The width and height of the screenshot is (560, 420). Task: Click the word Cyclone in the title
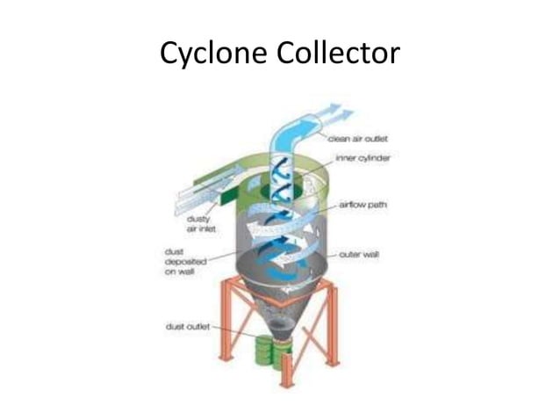(213, 54)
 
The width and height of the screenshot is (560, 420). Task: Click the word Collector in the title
(338, 53)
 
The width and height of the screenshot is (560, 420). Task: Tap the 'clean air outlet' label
(357, 139)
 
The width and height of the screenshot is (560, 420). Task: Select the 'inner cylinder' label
(363, 158)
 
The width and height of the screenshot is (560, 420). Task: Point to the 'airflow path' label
(363, 205)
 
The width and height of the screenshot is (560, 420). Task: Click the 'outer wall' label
(359, 255)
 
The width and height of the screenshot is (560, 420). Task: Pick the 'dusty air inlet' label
(201, 224)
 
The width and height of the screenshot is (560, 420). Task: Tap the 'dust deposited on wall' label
(185, 262)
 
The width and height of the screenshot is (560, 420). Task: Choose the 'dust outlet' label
(188, 327)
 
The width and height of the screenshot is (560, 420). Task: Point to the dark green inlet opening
(228, 197)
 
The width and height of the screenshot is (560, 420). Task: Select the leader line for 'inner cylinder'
(316, 169)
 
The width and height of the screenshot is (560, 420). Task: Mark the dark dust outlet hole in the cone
(282, 324)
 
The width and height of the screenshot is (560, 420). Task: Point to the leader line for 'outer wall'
(333, 255)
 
